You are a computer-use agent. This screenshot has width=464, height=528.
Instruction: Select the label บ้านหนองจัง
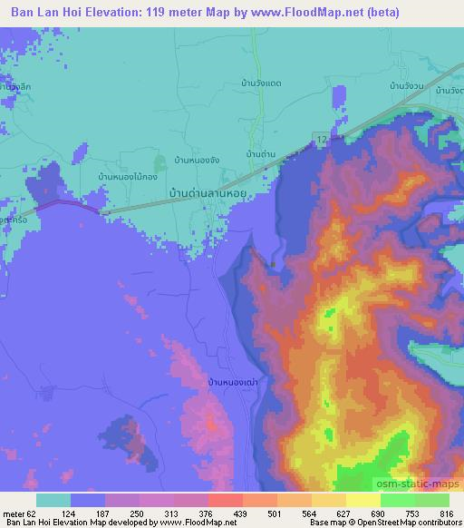[196, 159]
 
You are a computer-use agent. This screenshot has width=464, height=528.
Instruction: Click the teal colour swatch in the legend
[53, 499]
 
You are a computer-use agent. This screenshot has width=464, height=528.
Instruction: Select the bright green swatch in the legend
[398, 499]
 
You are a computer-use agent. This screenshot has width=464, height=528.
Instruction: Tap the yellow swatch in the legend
[363, 499]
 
